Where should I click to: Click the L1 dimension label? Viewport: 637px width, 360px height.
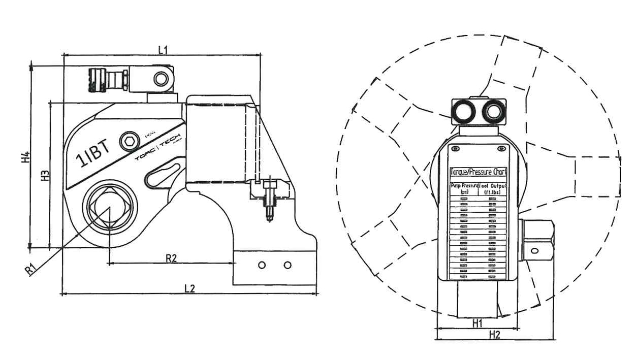point(163,49)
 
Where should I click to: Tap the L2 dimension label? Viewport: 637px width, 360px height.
point(189,288)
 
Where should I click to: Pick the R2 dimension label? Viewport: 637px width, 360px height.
point(171,258)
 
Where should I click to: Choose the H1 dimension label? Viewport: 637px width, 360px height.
point(477,323)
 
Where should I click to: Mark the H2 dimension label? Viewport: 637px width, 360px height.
point(494,334)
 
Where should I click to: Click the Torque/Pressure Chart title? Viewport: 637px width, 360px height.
point(478,172)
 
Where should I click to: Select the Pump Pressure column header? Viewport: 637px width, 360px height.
point(464,189)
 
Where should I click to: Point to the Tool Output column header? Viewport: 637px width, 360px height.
point(492,189)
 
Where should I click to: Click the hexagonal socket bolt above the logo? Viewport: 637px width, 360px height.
point(130,141)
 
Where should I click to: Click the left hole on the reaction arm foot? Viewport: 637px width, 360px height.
point(262,265)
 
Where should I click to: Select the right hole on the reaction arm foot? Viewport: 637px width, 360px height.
point(288,265)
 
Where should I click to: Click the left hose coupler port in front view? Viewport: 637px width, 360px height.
point(463,111)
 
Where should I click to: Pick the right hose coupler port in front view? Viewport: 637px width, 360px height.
point(493,111)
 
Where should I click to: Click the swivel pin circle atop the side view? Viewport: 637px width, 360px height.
point(161,79)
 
